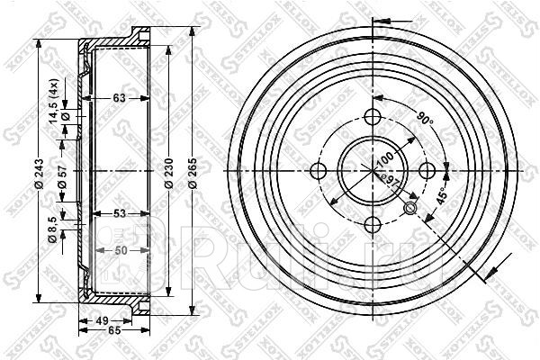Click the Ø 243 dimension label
point(37,172)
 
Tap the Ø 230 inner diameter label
point(168,172)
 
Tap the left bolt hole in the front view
point(318,171)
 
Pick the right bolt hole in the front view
point(428,171)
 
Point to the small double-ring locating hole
point(411,210)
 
